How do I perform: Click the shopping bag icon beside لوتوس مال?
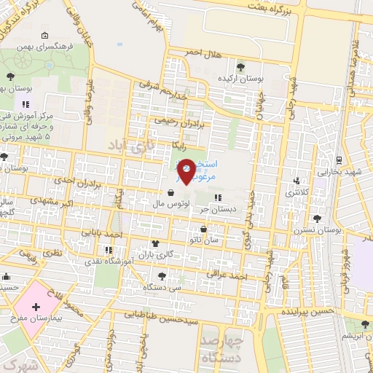pos(170,194)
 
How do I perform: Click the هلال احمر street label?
pos(204,52)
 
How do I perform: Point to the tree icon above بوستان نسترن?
pos(316,218)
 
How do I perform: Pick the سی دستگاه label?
pos(157,288)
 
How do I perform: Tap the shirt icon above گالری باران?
pos(154,244)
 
